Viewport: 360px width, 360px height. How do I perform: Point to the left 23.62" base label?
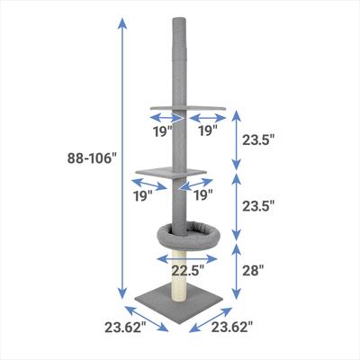pyautogui.click(x=124, y=328)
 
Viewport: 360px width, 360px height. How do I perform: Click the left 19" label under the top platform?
pyautogui.click(x=162, y=130)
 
